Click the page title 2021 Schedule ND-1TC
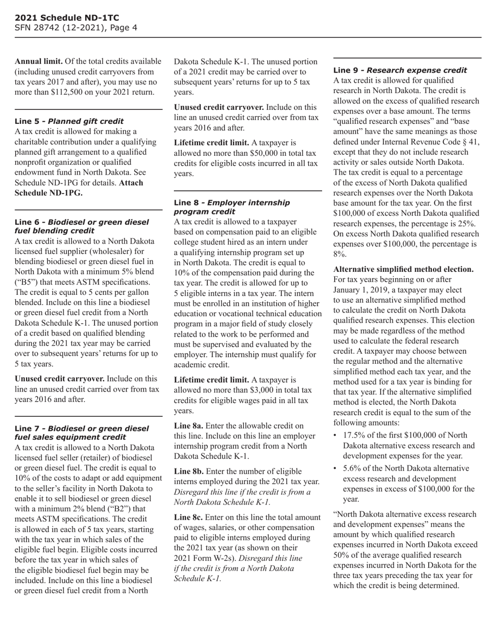point(60,17)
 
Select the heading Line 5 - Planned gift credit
point(69,121)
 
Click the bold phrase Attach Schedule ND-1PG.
point(79,188)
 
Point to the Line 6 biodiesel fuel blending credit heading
point(81,226)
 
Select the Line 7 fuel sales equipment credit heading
point(81,432)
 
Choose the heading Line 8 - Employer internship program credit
point(231,206)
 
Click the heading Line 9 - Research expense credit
point(400,70)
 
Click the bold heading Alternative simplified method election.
point(403,269)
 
